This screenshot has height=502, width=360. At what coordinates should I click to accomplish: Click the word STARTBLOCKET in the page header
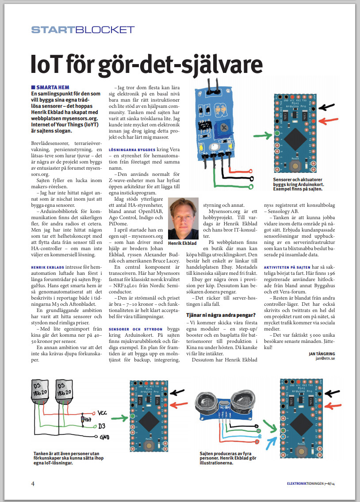(x=83, y=30)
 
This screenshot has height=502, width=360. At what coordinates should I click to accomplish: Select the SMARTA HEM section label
(x=53, y=87)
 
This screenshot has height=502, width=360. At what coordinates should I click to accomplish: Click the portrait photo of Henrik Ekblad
(x=183, y=213)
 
